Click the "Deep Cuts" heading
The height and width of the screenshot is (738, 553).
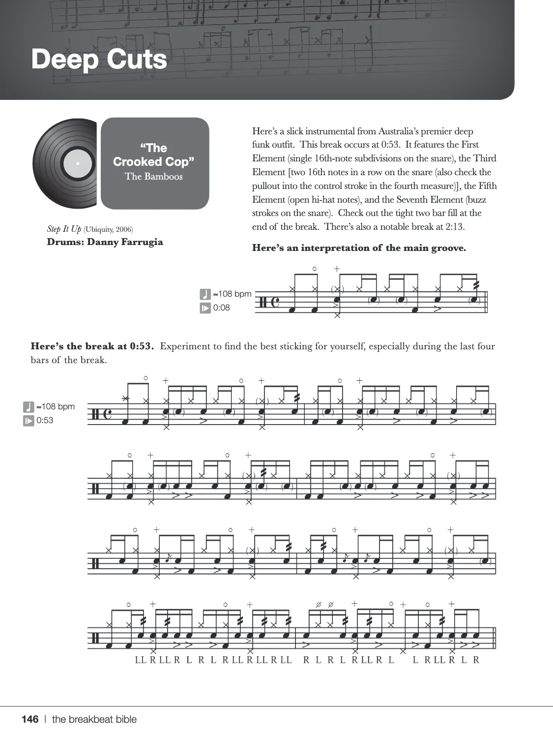99,59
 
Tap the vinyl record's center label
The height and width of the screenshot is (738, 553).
78,163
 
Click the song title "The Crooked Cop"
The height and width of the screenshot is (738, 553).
154,155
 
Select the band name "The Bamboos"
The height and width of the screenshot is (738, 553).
153,177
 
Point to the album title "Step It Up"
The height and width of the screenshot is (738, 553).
64,229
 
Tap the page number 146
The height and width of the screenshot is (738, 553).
30,719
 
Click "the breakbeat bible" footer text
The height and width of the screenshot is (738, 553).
94,719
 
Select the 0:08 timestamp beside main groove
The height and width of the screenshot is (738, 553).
221,308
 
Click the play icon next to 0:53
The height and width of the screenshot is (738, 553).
29,421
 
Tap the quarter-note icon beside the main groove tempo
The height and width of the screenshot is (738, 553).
205,294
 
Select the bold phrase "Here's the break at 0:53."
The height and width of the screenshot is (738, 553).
92,346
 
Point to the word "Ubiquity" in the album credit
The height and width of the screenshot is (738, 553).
99,229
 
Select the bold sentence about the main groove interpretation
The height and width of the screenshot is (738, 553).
359,248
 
